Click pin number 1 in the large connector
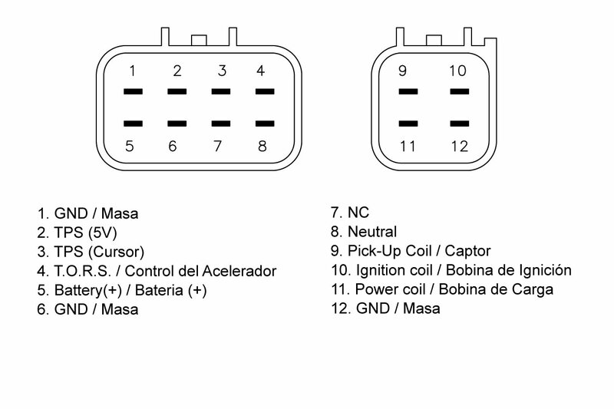point(132,71)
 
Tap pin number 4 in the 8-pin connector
point(261,71)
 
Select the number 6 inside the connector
point(173,146)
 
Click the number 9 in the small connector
point(402,71)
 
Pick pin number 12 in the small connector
point(459,146)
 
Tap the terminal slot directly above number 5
point(132,122)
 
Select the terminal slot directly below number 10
point(459,92)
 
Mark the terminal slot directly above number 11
point(408,122)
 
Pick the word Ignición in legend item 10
point(546,271)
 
